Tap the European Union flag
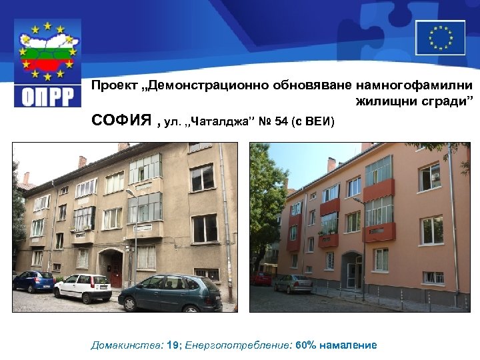tap(440, 37)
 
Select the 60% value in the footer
tap(305, 345)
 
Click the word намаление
tap(348, 345)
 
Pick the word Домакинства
tap(124, 345)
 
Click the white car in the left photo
tap(83, 287)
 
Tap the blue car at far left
tap(33, 281)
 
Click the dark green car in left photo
tap(169, 294)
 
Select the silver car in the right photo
tap(293, 283)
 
